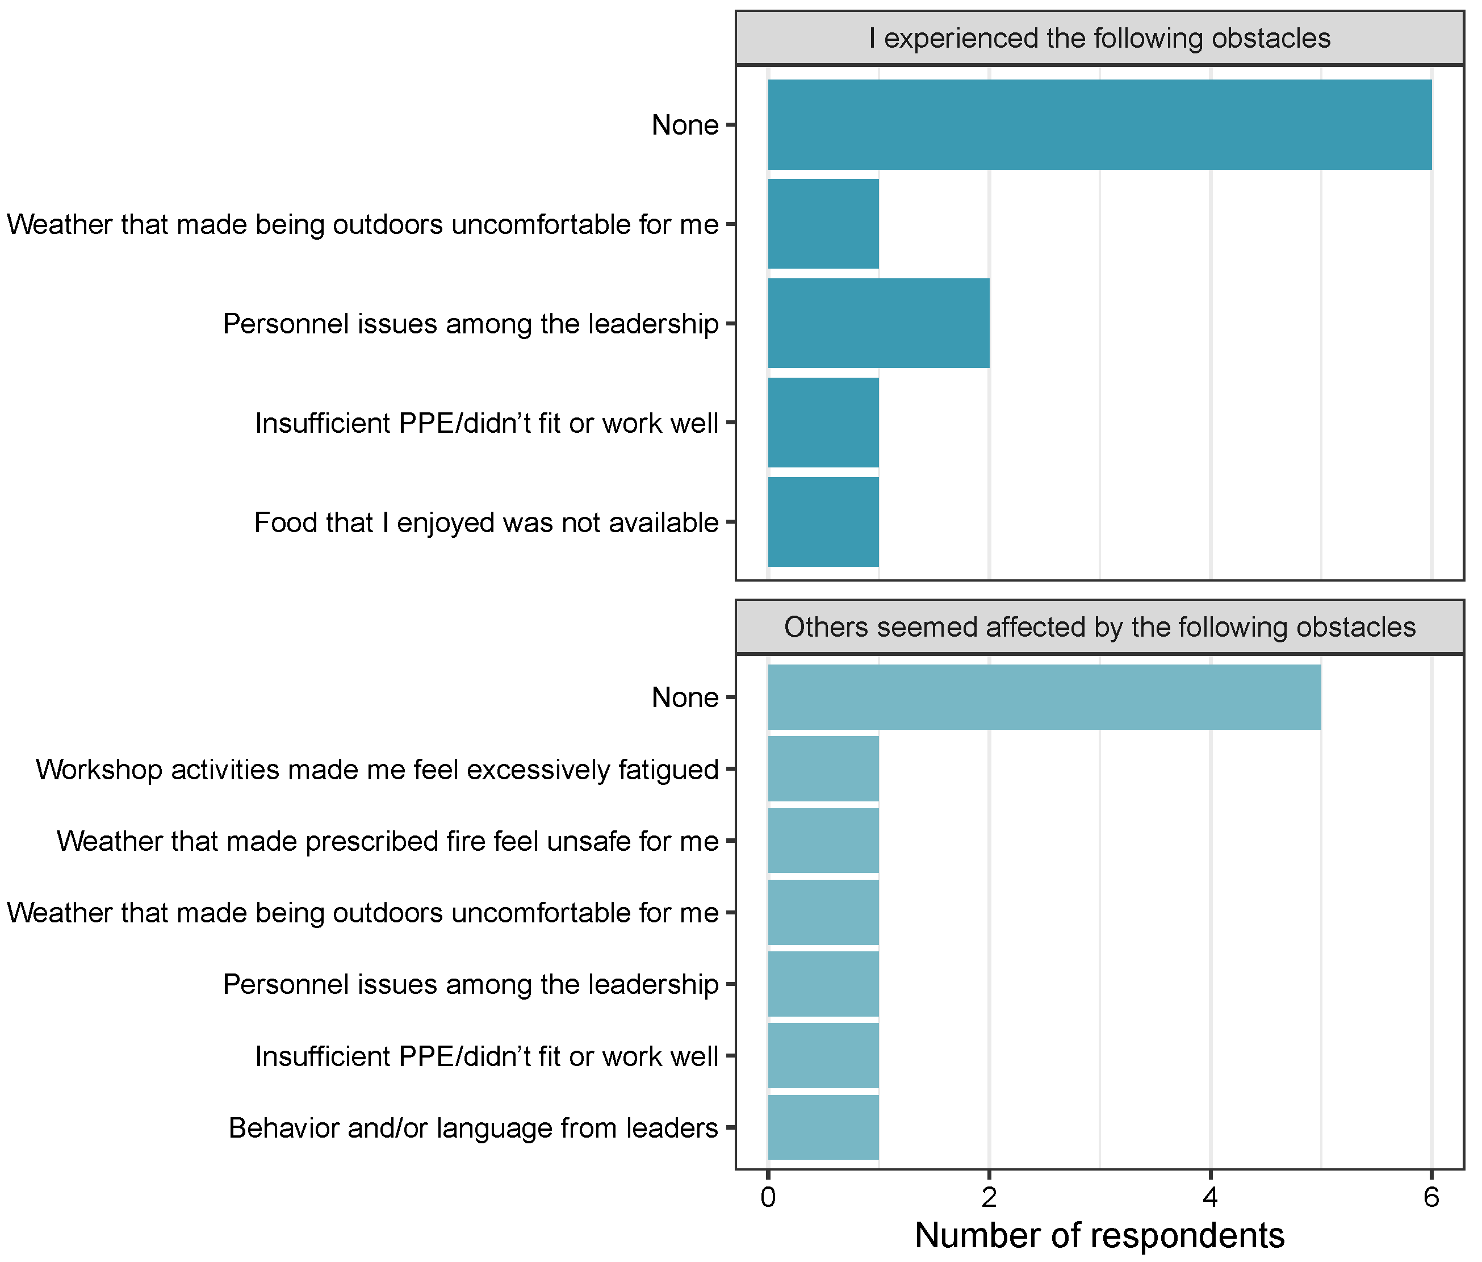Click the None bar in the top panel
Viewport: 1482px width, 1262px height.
tap(1099, 124)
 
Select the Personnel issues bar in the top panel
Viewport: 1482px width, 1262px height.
tap(878, 323)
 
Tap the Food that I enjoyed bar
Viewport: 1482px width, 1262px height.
tap(823, 523)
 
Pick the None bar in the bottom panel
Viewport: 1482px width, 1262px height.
tap(1044, 697)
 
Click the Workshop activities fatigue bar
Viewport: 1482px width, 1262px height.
tap(823, 769)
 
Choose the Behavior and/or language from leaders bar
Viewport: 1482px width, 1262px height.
tap(823, 1127)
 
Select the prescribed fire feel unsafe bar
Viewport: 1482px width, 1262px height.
tap(823, 841)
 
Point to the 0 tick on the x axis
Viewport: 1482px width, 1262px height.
tap(768, 1197)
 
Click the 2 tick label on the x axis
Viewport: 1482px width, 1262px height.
tap(989, 1197)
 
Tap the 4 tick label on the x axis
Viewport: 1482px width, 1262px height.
tap(1210, 1197)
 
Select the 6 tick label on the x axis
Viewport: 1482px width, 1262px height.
tap(1431, 1197)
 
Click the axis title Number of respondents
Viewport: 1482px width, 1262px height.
tap(1099, 1235)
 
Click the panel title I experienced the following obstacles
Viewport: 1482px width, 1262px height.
tap(1099, 38)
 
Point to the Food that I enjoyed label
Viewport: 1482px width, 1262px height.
tap(487, 523)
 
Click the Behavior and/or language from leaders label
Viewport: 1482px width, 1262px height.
tap(474, 1128)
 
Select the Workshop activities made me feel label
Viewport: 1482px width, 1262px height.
tap(377, 770)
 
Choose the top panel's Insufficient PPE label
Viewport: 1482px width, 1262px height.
tap(487, 424)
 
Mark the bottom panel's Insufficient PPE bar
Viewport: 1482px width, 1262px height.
tap(823, 1056)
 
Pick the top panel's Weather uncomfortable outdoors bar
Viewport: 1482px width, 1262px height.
tap(823, 224)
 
